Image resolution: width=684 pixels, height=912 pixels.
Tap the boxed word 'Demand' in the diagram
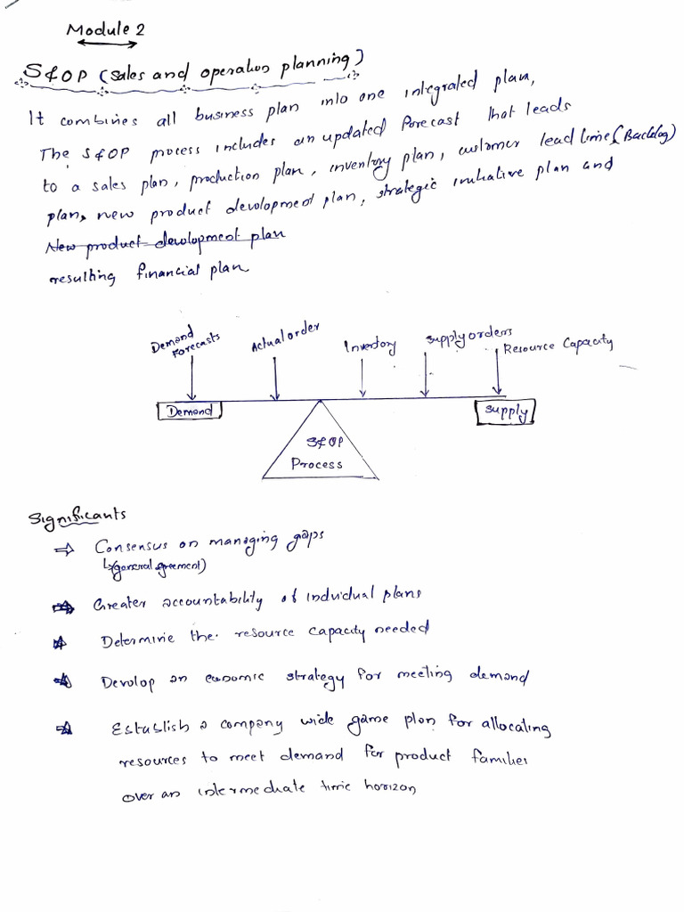pyautogui.click(x=188, y=411)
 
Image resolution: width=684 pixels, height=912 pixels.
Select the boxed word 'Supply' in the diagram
pyautogui.click(x=507, y=411)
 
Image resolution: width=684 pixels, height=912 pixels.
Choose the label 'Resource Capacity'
pyautogui.click(x=558, y=345)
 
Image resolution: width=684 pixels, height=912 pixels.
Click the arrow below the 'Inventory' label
pyautogui.click(x=362, y=379)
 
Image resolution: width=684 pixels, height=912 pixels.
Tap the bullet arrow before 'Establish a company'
pyautogui.click(x=63, y=729)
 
